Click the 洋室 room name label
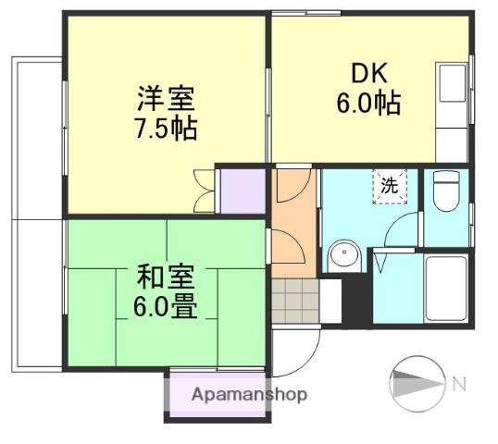166,98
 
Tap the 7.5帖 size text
166,129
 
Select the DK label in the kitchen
369,73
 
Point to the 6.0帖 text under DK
368,104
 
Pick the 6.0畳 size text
165,307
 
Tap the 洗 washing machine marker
390,186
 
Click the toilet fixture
446,191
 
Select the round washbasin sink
344,254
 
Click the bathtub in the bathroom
446,289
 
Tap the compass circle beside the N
417,383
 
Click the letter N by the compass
459,384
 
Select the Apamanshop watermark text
249,395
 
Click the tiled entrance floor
295,301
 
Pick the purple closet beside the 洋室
243,191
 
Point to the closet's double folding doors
204,191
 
